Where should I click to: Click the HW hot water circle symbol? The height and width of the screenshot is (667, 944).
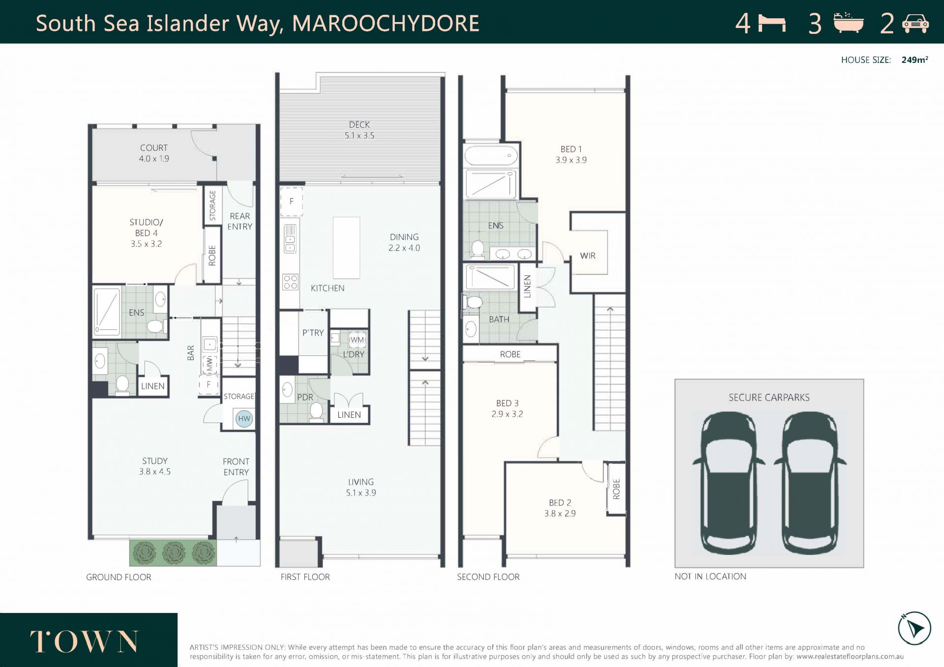click(244, 419)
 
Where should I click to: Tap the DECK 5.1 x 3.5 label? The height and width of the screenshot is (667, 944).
click(359, 130)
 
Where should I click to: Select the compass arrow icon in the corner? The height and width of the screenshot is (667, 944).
click(914, 628)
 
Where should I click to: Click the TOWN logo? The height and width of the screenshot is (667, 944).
click(84, 641)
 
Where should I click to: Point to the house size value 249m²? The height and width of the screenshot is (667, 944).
click(914, 60)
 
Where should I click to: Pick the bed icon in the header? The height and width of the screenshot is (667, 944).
click(772, 23)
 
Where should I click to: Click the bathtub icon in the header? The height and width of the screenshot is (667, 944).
click(849, 23)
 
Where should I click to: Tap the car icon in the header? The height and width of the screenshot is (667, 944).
click(915, 24)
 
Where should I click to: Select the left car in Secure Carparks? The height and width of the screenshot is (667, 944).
click(729, 483)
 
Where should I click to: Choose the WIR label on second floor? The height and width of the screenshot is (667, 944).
click(588, 256)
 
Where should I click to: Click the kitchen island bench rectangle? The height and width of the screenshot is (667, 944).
click(346, 248)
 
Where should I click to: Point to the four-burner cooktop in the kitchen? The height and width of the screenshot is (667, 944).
click(290, 282)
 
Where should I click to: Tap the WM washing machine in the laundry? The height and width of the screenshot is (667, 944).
click(357, 340)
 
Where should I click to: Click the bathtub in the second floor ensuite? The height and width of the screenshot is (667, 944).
click(491, 155)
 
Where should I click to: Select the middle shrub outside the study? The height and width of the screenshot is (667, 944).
click(174, 553)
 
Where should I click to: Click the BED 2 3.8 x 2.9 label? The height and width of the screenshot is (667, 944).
click(560, 508)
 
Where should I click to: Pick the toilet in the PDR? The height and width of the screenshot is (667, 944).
click(317, 412)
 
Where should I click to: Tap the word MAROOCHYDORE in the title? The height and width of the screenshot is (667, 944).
click(386, 24)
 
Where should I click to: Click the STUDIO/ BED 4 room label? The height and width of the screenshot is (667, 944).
click(146, 233)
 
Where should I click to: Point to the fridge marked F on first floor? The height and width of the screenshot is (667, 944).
click(292, 201)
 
